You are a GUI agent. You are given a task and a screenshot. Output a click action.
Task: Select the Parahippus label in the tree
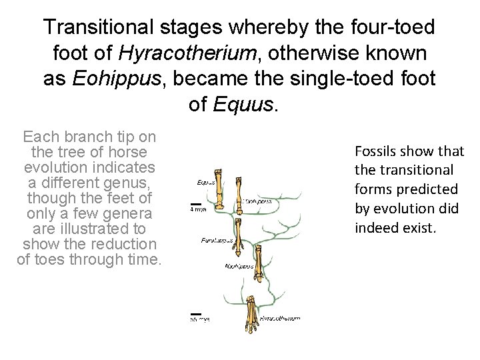click(216, 239)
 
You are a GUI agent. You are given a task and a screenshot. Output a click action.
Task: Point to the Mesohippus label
click(241, 266)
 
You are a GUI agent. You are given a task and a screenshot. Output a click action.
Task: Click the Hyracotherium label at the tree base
click(280, 318)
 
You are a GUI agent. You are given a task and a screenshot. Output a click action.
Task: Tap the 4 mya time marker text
click(197, 209)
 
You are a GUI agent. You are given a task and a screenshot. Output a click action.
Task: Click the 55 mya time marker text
click(199, 319)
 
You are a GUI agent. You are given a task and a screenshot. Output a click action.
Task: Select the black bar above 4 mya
click(196, 203)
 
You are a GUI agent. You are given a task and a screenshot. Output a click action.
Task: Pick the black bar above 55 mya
click(196, 313)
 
